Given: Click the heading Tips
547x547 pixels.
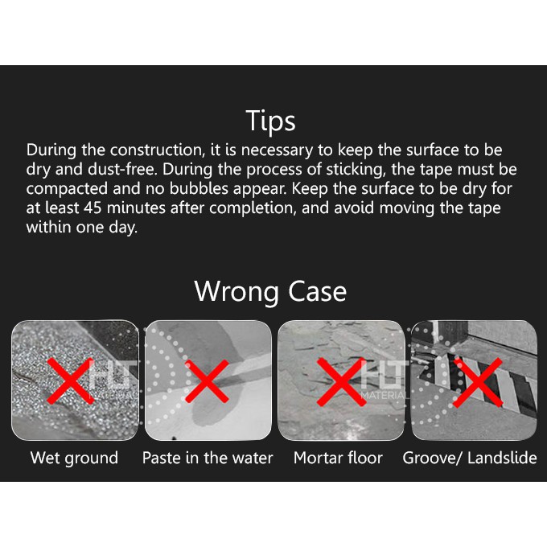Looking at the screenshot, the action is [270, 121].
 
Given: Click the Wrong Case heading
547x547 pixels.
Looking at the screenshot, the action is [270, 290].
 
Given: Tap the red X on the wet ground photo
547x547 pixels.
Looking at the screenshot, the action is [71, 380].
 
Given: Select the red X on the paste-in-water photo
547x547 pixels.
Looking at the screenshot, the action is [207, 381].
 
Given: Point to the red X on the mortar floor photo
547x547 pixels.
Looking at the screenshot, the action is [342, 382].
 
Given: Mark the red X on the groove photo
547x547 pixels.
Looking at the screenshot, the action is [478, 383].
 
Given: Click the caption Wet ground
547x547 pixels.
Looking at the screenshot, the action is [74, 458].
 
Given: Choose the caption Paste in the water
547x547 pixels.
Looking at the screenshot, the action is [208, 458].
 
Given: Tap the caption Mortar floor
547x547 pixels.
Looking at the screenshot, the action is [338, 458].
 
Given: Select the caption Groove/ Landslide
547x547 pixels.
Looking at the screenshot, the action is [470, 458].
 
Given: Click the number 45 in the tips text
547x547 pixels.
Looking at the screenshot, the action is [93, 208].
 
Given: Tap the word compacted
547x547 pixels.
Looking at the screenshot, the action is [67, 189].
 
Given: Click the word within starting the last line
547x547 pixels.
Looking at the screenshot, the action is [48, 227].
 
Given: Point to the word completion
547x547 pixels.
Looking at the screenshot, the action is [253, 208].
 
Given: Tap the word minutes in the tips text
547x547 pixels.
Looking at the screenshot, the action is [136, 208].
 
